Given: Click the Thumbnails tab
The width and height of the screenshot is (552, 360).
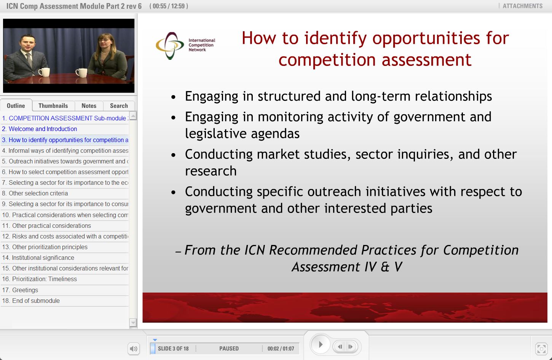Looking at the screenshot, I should (53, 106).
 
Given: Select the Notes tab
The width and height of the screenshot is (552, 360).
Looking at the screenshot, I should (89, 106).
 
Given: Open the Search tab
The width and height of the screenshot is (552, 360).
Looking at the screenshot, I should (119, 106).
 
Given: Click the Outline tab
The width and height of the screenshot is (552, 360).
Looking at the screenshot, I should (16, 106).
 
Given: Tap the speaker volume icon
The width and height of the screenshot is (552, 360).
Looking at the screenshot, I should (134, 349).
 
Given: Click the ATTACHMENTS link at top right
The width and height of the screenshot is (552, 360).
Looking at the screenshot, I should (522, 6).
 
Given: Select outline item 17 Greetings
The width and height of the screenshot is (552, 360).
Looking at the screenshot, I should (25, 290).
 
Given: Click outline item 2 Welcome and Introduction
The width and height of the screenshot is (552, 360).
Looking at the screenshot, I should (43, 129).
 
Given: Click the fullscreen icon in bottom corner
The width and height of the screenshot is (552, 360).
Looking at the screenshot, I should (541, 349).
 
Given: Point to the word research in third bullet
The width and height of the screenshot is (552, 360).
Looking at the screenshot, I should (211, 171).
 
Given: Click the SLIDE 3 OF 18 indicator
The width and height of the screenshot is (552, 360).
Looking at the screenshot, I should (173, 349).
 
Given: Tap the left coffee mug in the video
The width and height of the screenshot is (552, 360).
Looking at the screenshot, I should (44, 72).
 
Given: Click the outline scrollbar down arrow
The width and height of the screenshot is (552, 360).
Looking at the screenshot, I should (133, 323).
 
